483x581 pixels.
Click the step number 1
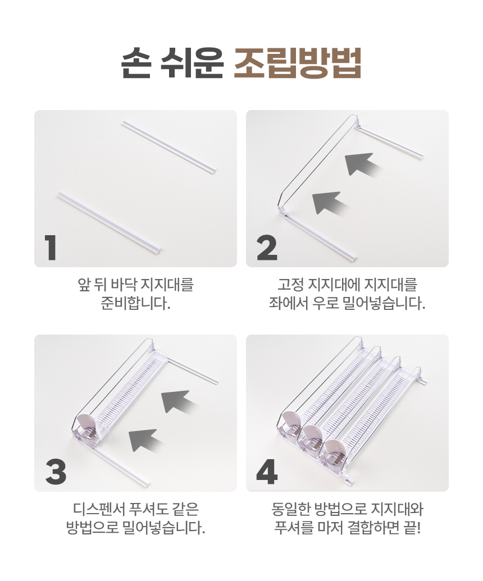coord(51,248)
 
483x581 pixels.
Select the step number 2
coord(267,248)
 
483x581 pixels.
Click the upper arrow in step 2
coord(364,165)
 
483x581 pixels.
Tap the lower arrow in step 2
coord(331,203)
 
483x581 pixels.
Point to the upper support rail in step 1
coord(169,147)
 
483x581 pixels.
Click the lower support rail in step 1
coord(110,222)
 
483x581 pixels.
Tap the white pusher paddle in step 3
coord(86,423)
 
